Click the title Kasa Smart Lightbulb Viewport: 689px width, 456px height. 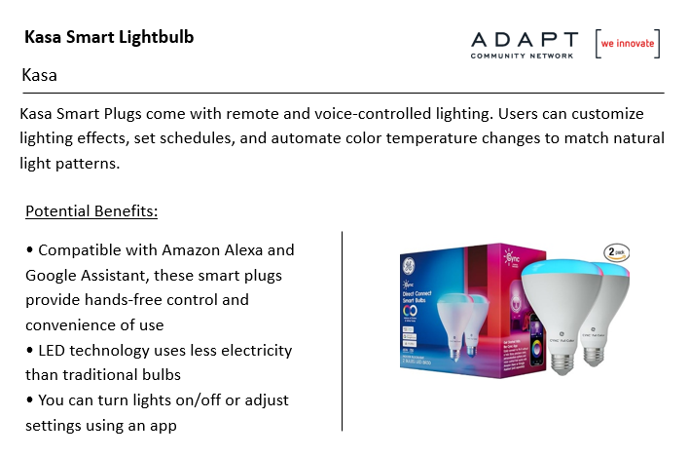109,37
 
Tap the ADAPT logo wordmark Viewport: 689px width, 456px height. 525,39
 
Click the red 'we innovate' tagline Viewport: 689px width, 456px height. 628,43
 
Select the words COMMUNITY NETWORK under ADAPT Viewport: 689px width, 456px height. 522,56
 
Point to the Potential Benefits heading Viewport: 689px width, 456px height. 91,211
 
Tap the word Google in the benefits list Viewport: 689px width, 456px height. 51,276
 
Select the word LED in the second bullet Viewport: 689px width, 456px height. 52,351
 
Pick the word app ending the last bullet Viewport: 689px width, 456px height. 163,427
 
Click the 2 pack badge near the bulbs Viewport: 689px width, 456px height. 616,252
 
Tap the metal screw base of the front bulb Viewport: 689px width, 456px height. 562,362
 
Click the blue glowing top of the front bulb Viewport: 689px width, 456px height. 562,267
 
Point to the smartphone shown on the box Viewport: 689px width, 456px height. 536,340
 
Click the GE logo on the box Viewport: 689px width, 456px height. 409,265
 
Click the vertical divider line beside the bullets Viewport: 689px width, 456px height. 342,331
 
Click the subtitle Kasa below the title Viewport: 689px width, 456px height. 40,75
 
